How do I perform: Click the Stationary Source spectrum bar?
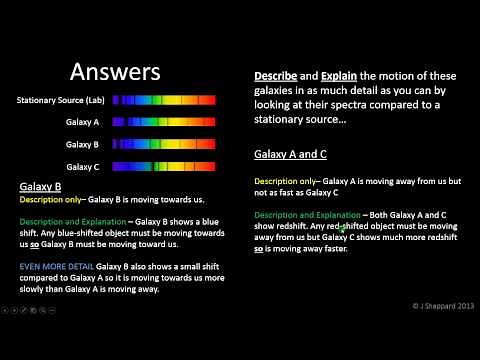(x=163, y=101)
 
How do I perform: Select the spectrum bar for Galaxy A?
(x=163, y=122)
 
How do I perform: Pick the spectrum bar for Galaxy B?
(x=163, y=144)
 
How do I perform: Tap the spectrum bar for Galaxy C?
(x=163, y=166)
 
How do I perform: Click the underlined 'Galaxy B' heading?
(x=41, y=187)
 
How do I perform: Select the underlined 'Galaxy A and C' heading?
(x=291, y=154)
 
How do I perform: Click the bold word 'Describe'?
(x=273, y=76)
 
